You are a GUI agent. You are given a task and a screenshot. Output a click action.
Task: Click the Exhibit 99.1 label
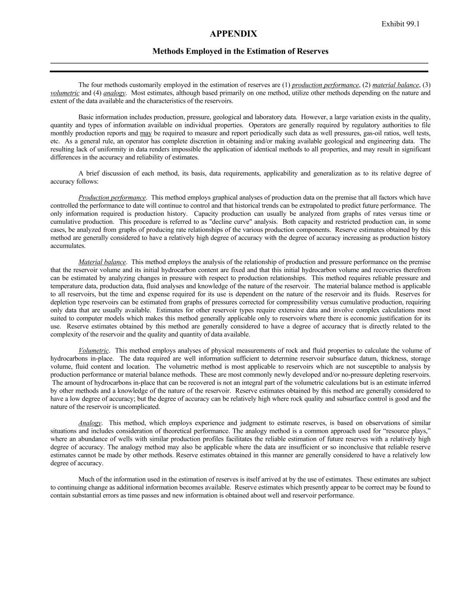tap(400, 24)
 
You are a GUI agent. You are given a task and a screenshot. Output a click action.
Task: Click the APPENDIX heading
tap(234, 34)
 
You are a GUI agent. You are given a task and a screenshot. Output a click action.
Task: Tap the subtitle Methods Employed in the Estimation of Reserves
tap(240, 51)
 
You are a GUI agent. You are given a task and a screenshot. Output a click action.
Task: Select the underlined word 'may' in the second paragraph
tap(146, 134)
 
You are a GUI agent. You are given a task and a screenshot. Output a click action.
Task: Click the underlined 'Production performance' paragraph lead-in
tap(112, 198)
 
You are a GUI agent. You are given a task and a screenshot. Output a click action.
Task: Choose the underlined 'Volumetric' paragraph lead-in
tap(93, 351)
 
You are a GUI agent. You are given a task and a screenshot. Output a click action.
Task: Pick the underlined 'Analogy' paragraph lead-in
tap(90, 423)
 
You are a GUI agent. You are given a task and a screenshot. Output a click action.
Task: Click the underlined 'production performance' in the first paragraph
tap(325, 85)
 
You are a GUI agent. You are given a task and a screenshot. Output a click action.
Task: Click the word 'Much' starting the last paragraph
tap(86, 480)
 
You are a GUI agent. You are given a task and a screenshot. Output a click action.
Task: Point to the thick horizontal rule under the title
tap(239, 71)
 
